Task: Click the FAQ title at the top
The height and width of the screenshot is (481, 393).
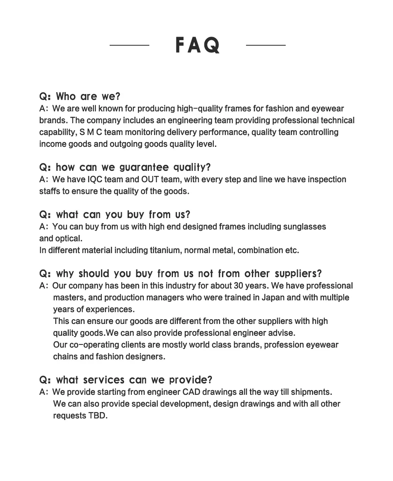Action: tap(197, 45)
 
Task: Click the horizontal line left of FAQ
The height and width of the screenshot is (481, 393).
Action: tap(129, 45)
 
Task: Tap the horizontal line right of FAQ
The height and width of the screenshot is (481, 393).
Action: tap(266, 45)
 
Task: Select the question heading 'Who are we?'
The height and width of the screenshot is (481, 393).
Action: tap(80, 96)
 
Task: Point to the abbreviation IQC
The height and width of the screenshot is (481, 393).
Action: tap(95, 179)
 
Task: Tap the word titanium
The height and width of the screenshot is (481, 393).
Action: tap(165, 250)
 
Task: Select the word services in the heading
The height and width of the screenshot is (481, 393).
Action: tap(104, 380)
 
